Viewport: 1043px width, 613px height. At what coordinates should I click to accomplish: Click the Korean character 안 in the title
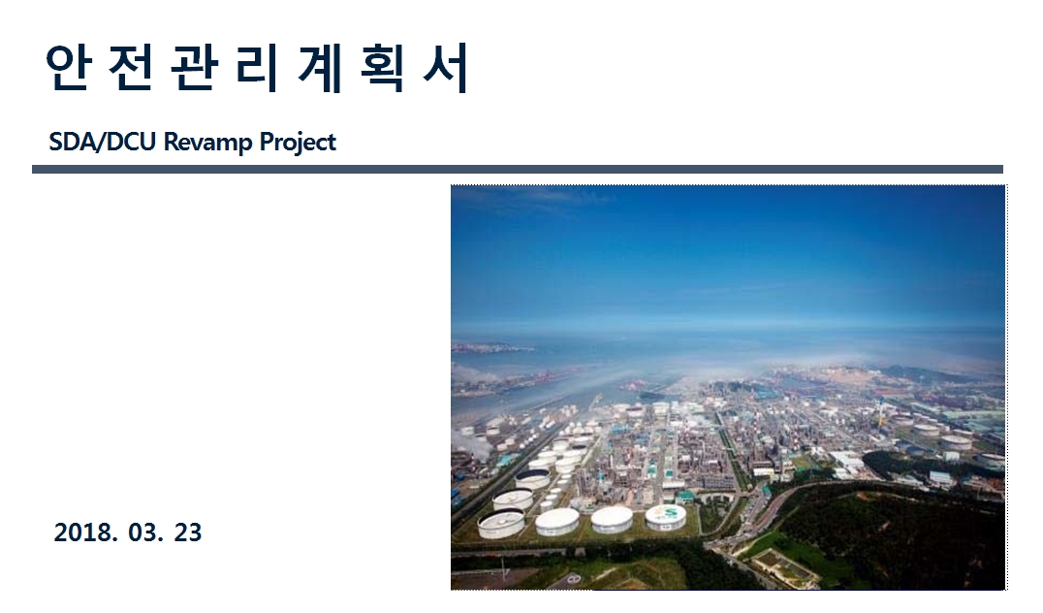tap(67, 67)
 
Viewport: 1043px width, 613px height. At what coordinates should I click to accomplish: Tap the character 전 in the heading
tap(130, 67)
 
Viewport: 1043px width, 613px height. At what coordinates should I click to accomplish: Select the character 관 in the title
tap(193, 67)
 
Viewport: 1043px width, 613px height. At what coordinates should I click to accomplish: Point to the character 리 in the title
tap(256, 67)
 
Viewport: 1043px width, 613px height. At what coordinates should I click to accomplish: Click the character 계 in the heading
tap(320, 67)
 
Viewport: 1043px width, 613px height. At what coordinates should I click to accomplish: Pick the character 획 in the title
tap(383, 67)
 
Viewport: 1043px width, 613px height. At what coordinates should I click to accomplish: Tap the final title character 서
tap(445, 67)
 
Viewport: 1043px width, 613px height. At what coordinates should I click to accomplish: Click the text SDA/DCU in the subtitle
tap(103, 142)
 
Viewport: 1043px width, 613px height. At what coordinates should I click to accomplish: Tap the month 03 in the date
tap(145, 532)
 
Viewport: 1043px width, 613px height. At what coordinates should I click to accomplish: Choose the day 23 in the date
tap(188, 532)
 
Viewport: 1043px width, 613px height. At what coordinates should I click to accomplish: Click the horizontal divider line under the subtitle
tap(518, 170)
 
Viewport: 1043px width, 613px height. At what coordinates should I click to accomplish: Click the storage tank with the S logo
tap(666, 516)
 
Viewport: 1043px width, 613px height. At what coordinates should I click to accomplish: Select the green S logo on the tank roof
tap(667, 512)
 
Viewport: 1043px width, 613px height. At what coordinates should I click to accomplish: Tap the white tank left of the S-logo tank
tap(612, 519)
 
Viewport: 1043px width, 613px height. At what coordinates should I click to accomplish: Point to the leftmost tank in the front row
tap(501, 524)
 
